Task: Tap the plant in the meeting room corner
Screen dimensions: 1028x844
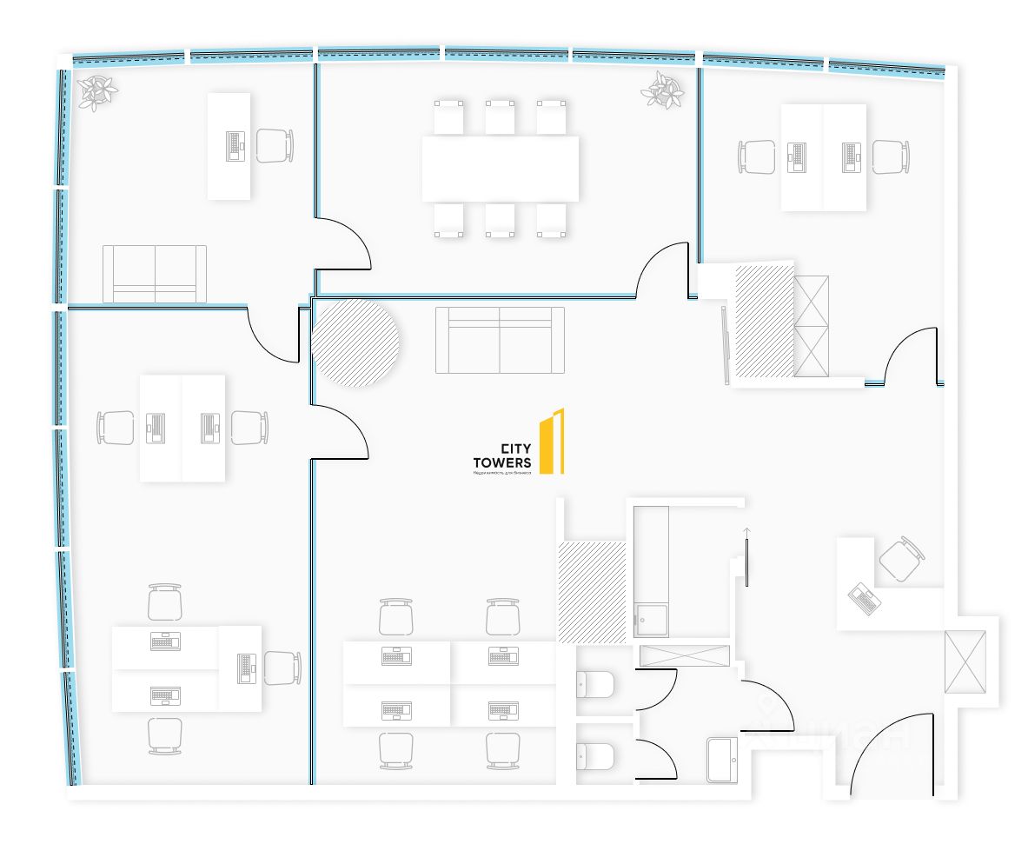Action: click(665, 90)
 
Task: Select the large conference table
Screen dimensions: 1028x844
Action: click(501, 169)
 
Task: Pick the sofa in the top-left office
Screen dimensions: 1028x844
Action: click(155, 274)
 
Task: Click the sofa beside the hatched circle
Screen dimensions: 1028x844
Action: click(500, 339)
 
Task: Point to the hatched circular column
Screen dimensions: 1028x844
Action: click(355, 342)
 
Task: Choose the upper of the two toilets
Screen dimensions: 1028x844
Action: click(595, 685)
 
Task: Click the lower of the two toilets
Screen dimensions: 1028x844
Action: click(595, 756)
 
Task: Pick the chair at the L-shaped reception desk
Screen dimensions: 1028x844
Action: click(901, 559)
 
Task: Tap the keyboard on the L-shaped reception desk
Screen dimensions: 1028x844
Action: click(865, 598)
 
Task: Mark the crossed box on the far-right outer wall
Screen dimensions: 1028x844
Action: click(965, 661)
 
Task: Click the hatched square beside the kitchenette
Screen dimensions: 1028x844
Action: click(592, 592)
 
